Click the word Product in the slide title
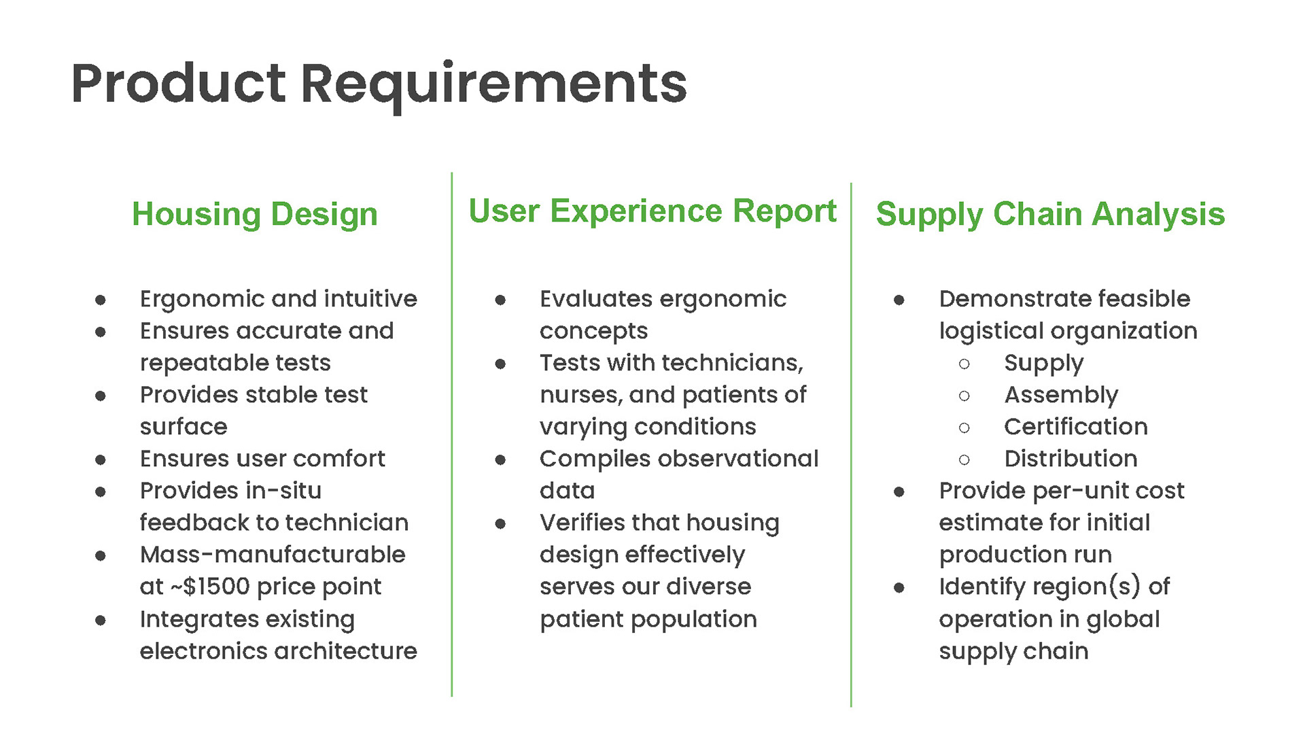click(x=178, y=83)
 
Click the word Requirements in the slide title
click(x=494, y=86)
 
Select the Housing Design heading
click(x=255, y=215)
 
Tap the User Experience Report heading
click(x=652, y=211)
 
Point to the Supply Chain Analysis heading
click(x=1050, y=215)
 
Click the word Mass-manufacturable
click(x=273, y=555)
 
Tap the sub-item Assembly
click(x=1061, y=396)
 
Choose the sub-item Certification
click(x=1076, y=427)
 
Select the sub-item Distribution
click(x=1071, y=459)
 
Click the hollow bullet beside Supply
click(x=964, y=364)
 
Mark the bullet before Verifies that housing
click(x=500, y=524)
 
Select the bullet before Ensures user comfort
click(x=101, y=460)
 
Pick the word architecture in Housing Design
click(x=347, y=651)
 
